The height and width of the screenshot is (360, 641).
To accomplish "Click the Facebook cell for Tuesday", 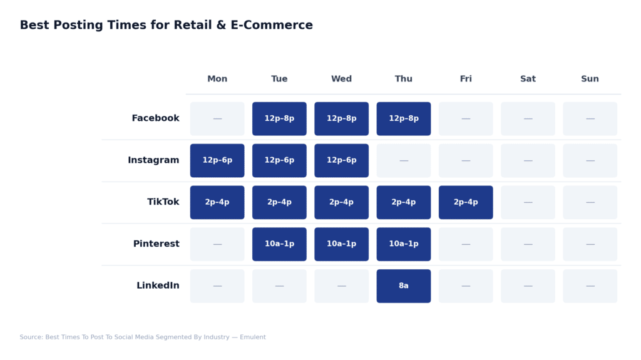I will click(x=279, y=119).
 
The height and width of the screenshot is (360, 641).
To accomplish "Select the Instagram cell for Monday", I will click(x=217, y=161).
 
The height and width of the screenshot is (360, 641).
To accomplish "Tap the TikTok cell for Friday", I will click(x=466, y=202).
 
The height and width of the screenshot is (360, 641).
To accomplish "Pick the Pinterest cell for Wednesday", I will click(x=341, y=244).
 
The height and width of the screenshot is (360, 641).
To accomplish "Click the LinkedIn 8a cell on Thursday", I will click(x=404, y=286).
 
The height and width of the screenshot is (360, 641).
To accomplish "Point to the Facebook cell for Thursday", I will click(x=404, y=119).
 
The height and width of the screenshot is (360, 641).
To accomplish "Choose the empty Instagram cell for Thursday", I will click(x=404, y=161).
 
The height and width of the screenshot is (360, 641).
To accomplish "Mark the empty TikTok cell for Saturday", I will click(x=528, y=202).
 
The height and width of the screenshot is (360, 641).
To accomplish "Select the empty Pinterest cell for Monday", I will click(x=217, y=244).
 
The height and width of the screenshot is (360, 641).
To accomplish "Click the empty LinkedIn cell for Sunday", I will click(x=590, y=286).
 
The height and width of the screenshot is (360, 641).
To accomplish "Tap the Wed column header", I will click(x=341, y=79).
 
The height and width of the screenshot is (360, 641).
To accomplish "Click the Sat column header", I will click(x=528, y=79).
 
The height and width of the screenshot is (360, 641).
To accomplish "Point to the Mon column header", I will click(x=217, y=79).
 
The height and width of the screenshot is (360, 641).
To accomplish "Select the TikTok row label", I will click(x=163, y=202).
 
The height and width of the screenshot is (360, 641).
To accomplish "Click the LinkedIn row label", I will click(x=158, y=286).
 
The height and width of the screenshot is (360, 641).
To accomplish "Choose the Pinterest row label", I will click(x=156, y=244).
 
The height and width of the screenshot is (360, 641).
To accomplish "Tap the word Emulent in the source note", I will click(x=252, y=337).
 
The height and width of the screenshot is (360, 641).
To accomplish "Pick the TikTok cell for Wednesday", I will click(x=341, y=202).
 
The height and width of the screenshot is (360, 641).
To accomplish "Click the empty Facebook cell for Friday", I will click(x=466, y=119).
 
